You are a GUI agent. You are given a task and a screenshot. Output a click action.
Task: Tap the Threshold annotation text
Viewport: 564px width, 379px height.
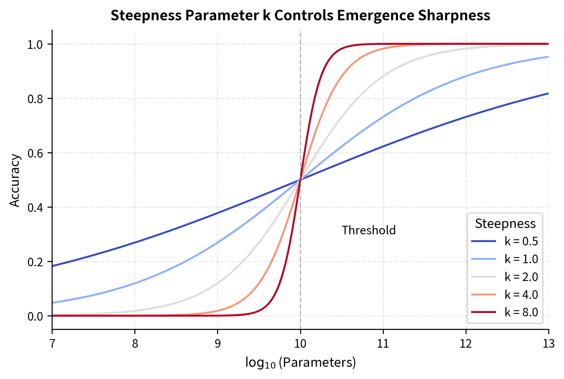[x=368, y=230]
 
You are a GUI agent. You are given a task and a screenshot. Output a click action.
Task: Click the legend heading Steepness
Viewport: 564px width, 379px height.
[x=505, y=224]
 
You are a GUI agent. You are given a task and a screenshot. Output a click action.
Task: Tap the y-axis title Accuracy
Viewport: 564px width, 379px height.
[x=14, y=181]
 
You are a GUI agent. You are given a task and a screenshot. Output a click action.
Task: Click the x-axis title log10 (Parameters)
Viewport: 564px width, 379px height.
[x=300, y=363]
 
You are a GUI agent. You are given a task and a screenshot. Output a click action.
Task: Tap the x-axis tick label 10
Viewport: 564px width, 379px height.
[x=300, y=344]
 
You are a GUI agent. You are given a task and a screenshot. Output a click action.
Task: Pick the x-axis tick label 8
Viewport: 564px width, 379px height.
[x=135, y=344]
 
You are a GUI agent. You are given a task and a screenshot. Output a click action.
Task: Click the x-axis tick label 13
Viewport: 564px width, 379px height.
[x=548, y=344]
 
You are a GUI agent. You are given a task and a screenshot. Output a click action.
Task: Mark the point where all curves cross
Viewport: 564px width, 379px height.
[x=300, y=180]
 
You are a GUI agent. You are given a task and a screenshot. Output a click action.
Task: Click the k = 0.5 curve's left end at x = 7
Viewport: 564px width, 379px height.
[x=53, y=266]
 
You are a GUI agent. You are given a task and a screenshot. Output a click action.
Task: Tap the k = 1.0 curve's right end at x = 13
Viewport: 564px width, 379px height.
[x=548, y=57]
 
